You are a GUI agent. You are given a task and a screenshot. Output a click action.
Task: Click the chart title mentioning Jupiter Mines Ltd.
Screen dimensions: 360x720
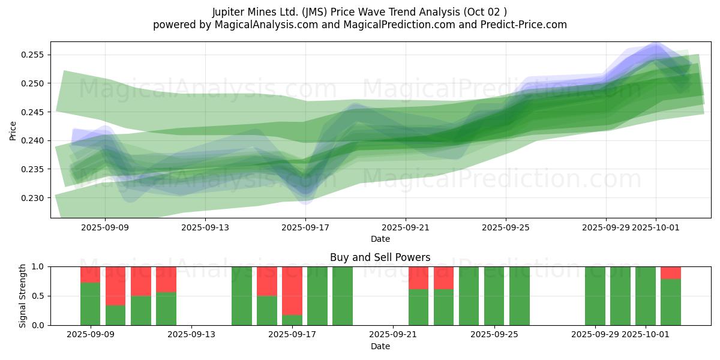point(359,12)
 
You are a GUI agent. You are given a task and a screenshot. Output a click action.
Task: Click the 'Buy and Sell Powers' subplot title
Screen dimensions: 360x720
point(380,257)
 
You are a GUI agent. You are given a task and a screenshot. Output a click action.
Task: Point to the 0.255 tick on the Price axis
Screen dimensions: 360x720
point(34,55)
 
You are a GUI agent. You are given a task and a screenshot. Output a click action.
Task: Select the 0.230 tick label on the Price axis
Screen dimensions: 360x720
point(34,198)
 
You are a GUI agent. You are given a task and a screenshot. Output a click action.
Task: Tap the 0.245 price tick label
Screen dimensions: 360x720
point(34,112)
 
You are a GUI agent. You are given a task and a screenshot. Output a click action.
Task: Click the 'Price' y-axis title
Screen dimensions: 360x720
point(13,130)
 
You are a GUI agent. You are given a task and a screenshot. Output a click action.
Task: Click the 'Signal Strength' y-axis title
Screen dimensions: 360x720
point(23,296)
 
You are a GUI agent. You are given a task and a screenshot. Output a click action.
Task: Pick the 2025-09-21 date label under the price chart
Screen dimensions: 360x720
point(406,227)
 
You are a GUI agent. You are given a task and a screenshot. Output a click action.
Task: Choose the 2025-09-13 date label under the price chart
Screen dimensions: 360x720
point(205,227)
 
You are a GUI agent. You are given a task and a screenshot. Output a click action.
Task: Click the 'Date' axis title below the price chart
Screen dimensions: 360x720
point(380,239)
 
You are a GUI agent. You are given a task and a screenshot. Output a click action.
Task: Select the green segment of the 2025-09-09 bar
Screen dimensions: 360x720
point(90,304)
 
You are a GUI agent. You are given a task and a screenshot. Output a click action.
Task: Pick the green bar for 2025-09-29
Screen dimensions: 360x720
point(595,296)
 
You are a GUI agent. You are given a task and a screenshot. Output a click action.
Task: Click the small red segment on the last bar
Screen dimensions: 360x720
point(671,272)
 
